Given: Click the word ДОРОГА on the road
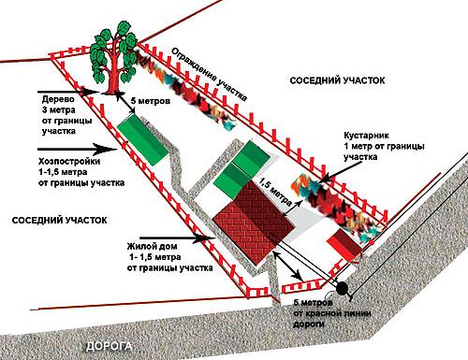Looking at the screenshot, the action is pos(109,346).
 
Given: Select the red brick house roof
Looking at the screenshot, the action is pos(254,222).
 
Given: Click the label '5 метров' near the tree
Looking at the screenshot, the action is pos(151,101).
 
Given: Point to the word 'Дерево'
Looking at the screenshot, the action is pos(58,99).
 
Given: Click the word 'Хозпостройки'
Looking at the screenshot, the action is pos(69,161).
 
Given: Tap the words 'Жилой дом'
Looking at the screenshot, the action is pos(152,246).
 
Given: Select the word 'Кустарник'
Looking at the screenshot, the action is pos(367,136).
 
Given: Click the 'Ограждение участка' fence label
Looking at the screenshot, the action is pos(210,74).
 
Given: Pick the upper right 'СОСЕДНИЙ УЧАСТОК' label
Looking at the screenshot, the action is pos(337,80).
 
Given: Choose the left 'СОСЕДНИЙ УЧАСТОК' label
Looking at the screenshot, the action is pos(59,220).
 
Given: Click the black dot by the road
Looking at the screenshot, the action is pos(342,288).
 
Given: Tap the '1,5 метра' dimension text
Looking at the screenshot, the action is pos(275,193).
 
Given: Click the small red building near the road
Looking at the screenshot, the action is pos(344,245).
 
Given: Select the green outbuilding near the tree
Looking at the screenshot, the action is pos(143,139).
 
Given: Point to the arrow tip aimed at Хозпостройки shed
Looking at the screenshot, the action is pos(115,150).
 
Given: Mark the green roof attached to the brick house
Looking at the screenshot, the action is pos(241,170).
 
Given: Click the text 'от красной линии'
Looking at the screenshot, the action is pos(332,313).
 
